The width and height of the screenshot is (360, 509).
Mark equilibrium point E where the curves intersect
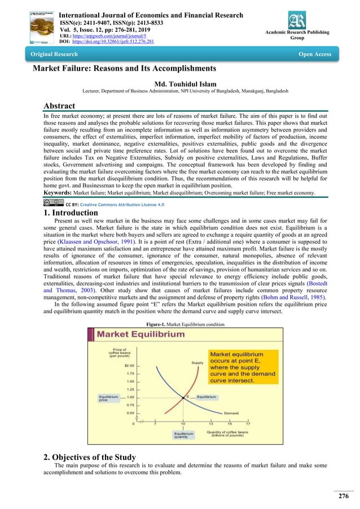(x=183, y=397)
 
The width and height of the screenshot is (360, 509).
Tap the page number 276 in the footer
(x=343, y=496)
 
